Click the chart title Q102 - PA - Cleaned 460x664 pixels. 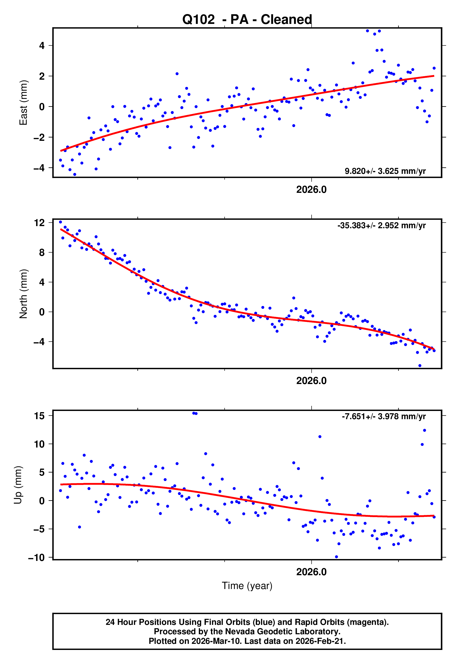[x=247, y=20]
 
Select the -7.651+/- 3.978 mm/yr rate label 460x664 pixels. [x=384, y=416]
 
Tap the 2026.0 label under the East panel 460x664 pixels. [x=311, y=190]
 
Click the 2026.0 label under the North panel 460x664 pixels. [x=311, y=381]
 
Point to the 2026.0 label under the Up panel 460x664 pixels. [x=311, y=572]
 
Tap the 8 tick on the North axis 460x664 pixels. [x=42, y=253]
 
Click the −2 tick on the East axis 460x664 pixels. [x=39, y=137]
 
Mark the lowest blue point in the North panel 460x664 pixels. [x=420, y=366]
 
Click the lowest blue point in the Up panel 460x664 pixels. [x=336, y=557]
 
